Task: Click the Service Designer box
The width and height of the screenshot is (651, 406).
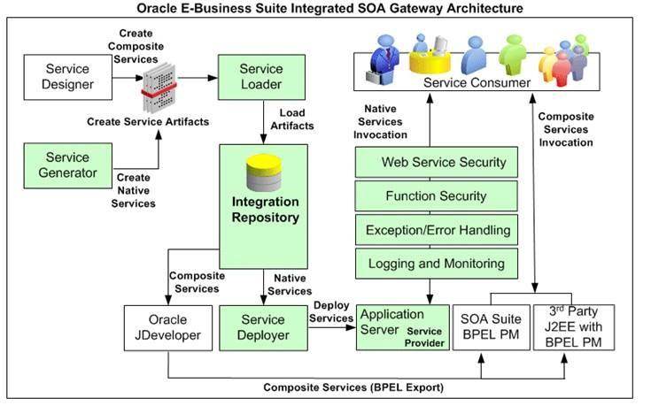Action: coord(67,77)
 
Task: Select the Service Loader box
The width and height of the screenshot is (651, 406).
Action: coord(261,77)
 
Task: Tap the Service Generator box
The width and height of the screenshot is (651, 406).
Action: coord(67,165)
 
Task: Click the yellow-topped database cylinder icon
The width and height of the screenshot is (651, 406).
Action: coord(264,172)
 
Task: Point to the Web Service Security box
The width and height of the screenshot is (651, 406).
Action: coord(437,162)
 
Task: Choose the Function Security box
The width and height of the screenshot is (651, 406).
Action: coord(437,196)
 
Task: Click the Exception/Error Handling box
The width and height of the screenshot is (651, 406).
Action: coord(437,230)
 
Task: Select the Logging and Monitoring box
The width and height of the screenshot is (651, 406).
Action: coord(437,264)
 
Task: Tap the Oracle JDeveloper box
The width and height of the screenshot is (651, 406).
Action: coord(168,328)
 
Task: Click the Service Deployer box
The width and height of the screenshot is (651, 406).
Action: coord(264,328)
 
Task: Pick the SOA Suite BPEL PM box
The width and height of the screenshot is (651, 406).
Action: coord(492,327)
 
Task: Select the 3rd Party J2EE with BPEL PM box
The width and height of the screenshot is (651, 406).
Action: coord(574,327)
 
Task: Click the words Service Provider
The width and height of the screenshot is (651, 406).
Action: coord(424,337)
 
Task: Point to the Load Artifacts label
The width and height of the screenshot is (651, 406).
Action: coord(292,119)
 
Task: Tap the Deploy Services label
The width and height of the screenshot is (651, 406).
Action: coord(331,312)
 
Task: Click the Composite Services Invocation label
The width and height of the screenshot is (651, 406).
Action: coord(566,129)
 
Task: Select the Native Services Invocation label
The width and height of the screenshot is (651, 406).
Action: coord(380,121)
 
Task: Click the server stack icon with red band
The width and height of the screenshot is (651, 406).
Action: coord(160,88)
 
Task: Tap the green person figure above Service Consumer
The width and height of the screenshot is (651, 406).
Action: coord(513,54)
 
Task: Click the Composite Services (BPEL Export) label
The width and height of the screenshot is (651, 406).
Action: coord(353,387)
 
